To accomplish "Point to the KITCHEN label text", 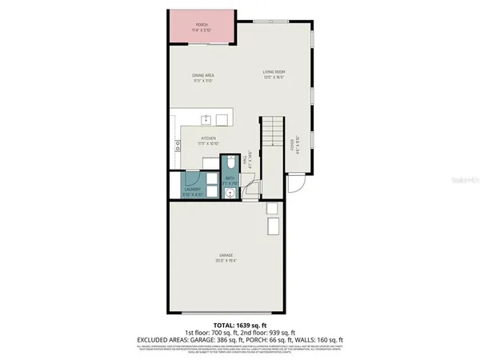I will point(208,140).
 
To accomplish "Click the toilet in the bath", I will point(230,161).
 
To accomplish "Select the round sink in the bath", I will point(230,193).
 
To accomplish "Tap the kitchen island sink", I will point(206,120).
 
